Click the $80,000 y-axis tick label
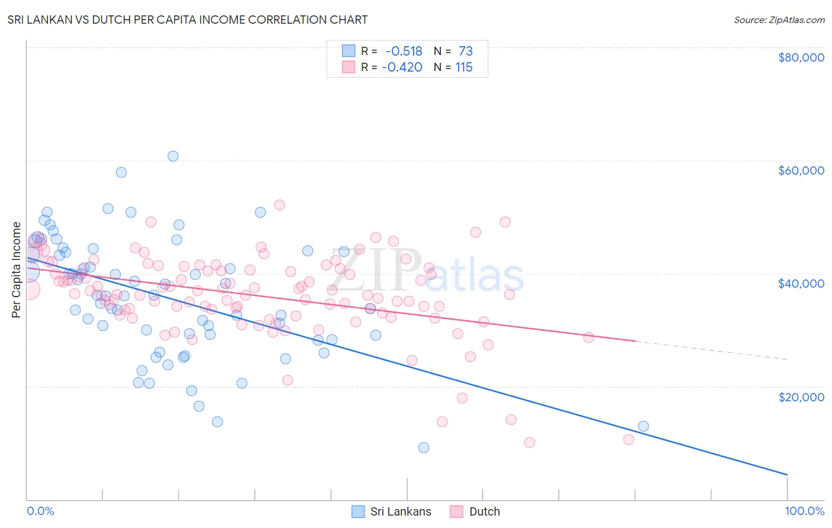(801, 57)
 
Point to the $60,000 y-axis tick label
(801, 170)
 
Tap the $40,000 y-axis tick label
(801, 284)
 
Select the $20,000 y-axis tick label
(801, 397)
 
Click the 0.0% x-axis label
(40, 511)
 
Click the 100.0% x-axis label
(804, 511)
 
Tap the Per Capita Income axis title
(17, 269)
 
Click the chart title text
(188, 20)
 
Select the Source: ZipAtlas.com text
(779, 20)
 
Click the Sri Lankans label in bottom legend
(401, 511)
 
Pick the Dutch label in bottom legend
(484, 511)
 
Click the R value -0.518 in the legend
(404, 51)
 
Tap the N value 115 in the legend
(464, 67)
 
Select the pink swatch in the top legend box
(349, 67)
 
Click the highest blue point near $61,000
(173, 156)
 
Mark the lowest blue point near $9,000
(424, 447)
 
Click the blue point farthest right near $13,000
(643, 426)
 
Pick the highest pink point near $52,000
(279, 205)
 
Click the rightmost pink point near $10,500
(628, 439)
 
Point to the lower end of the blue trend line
(787, 474)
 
